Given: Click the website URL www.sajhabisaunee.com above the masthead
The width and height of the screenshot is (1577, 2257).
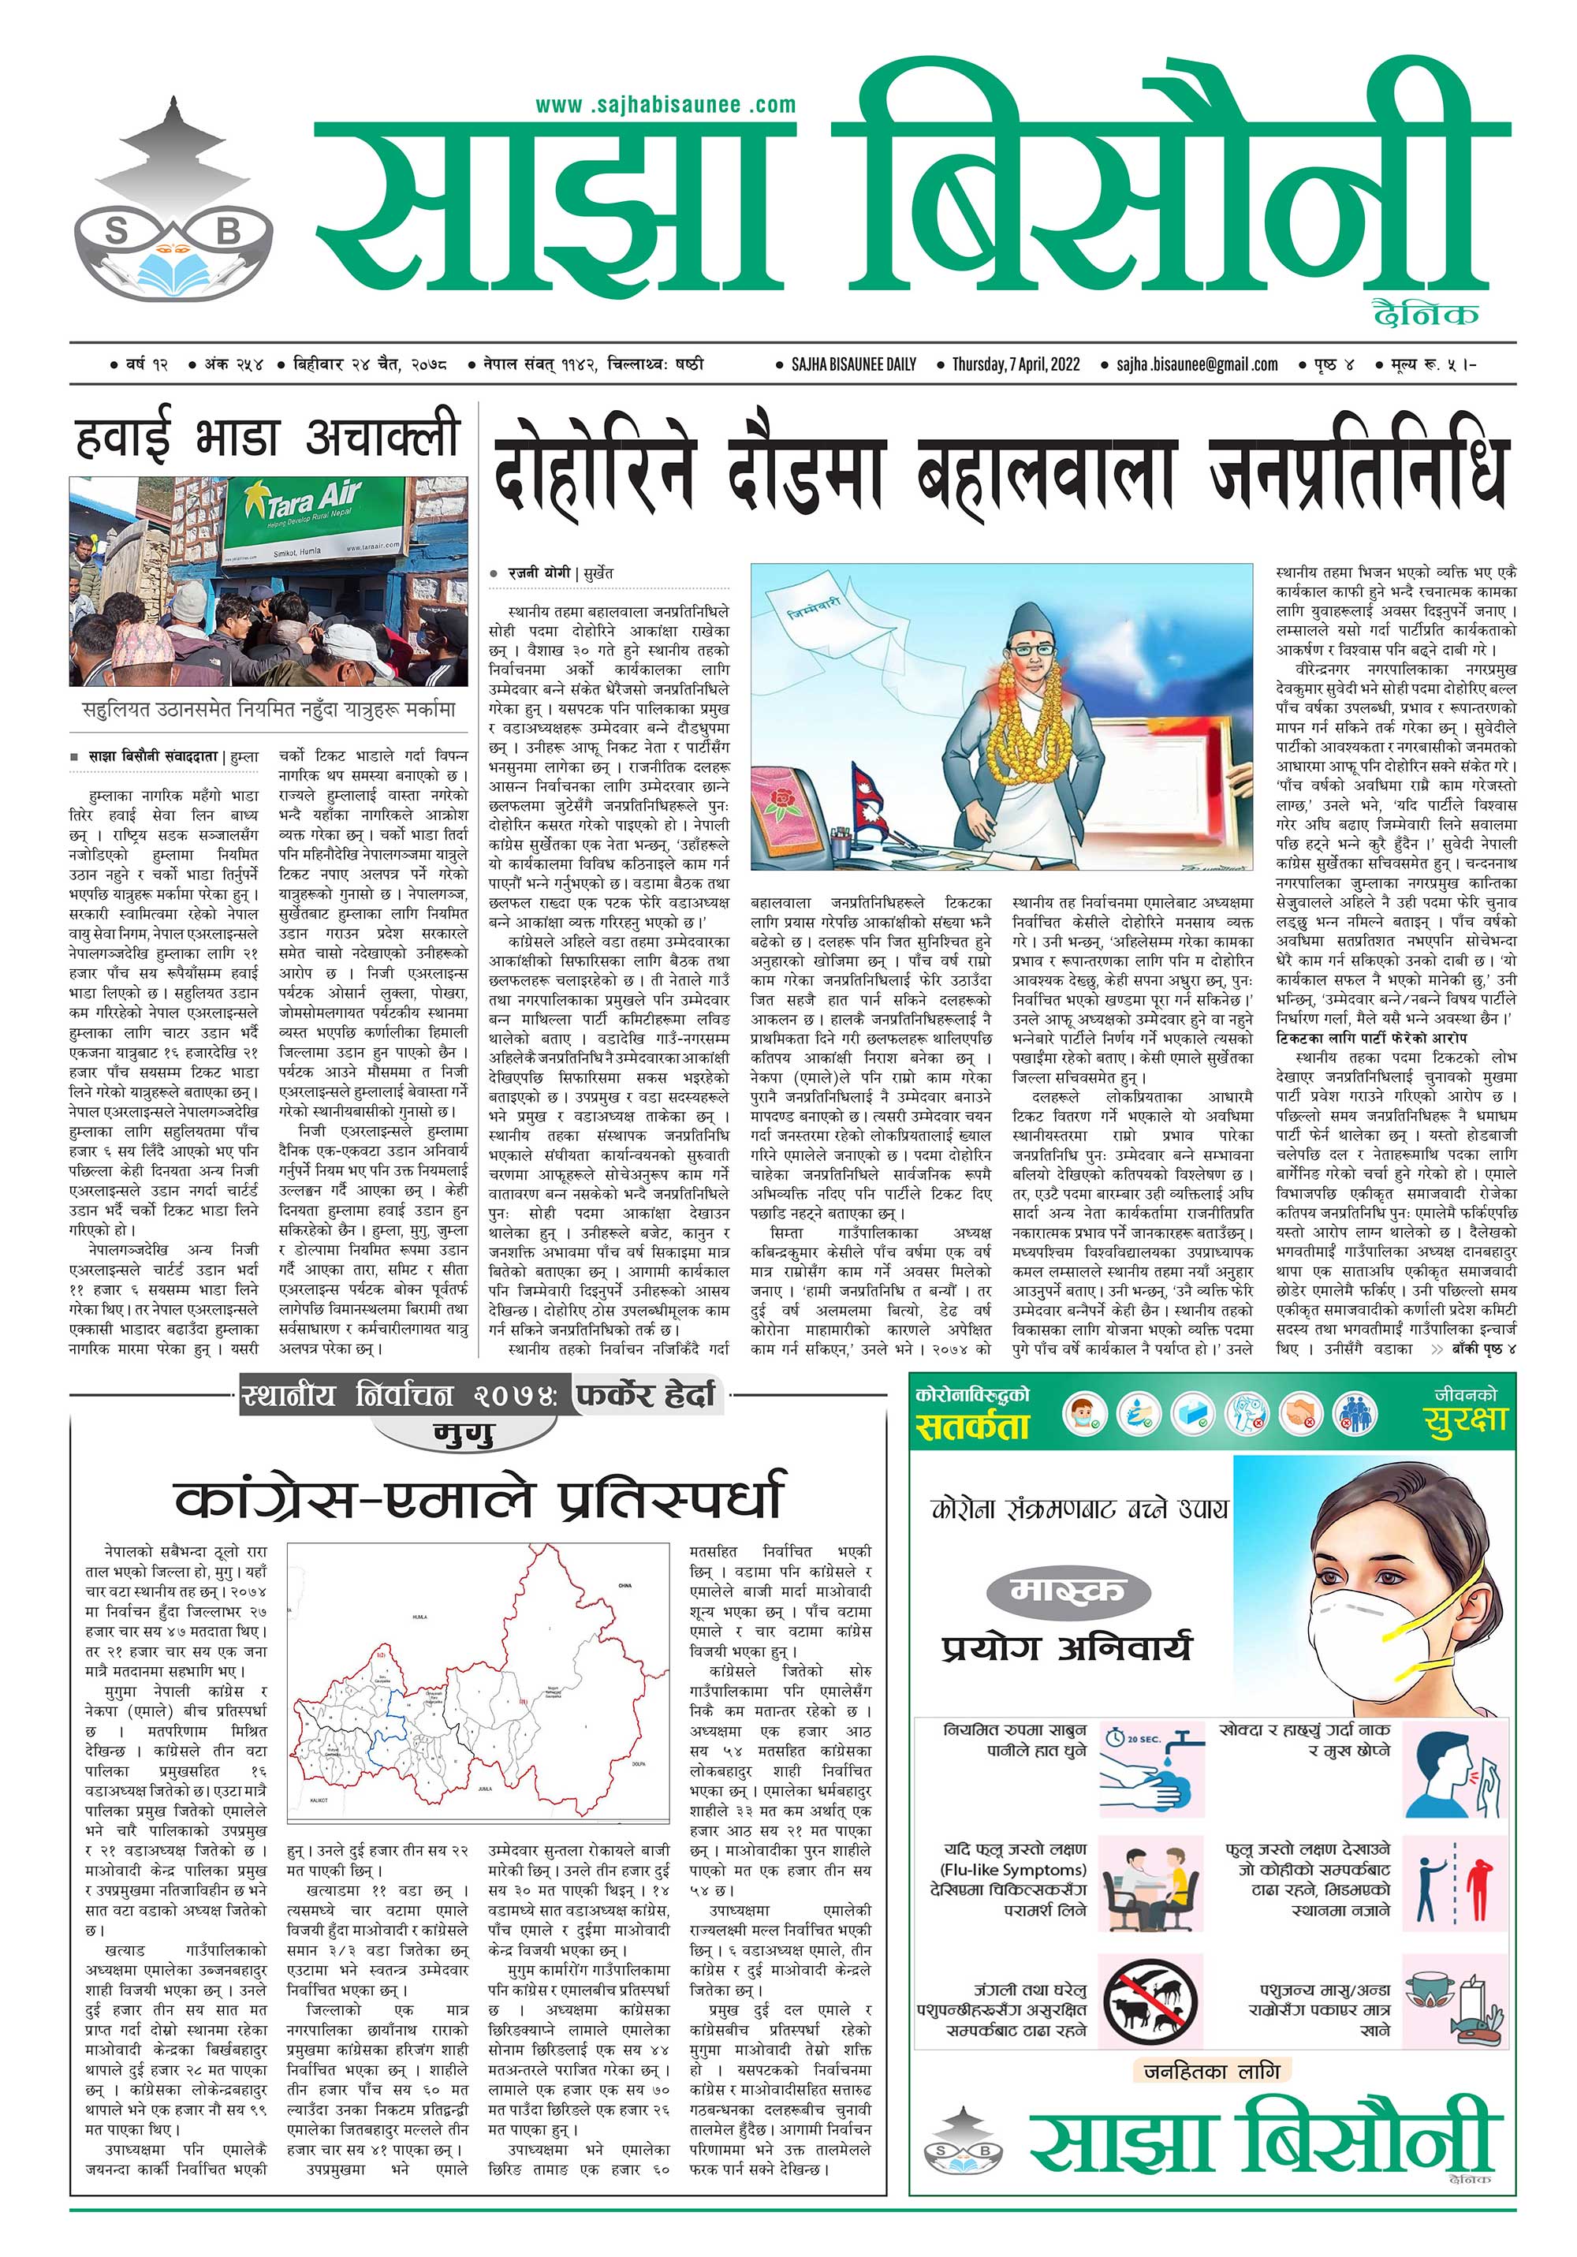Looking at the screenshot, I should click(665, 104).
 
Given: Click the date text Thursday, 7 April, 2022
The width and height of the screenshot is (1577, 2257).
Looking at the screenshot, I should click(1016, 364).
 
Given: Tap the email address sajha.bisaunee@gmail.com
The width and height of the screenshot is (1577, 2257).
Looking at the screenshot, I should click(1196, 364).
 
